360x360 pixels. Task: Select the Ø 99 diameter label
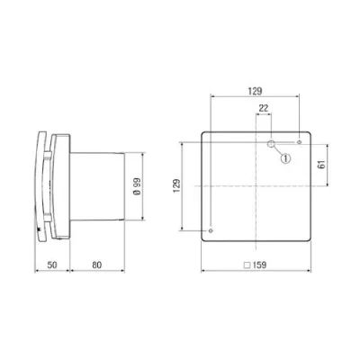coord(135,186)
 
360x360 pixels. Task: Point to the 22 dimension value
coord(264,108)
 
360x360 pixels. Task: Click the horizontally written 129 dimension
coord(255,92)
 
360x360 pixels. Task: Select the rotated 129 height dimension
coord(175,186)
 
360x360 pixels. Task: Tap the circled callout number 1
coord(287,158)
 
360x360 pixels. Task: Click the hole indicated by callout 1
coord(271,143)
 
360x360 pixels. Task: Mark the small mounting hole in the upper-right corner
coord(299,142)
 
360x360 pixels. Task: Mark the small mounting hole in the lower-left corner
coord(210,230)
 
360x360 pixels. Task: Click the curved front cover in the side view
coord(40,186)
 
